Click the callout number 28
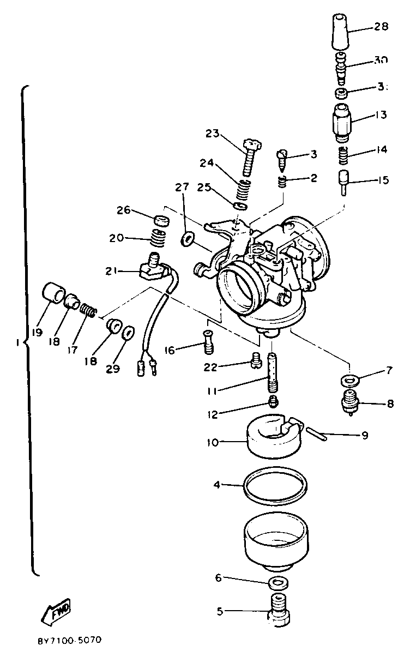tap(381, 27)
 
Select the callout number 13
tap(380, 115)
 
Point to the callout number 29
tap(112, 369)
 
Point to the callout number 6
tap(219, 577)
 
